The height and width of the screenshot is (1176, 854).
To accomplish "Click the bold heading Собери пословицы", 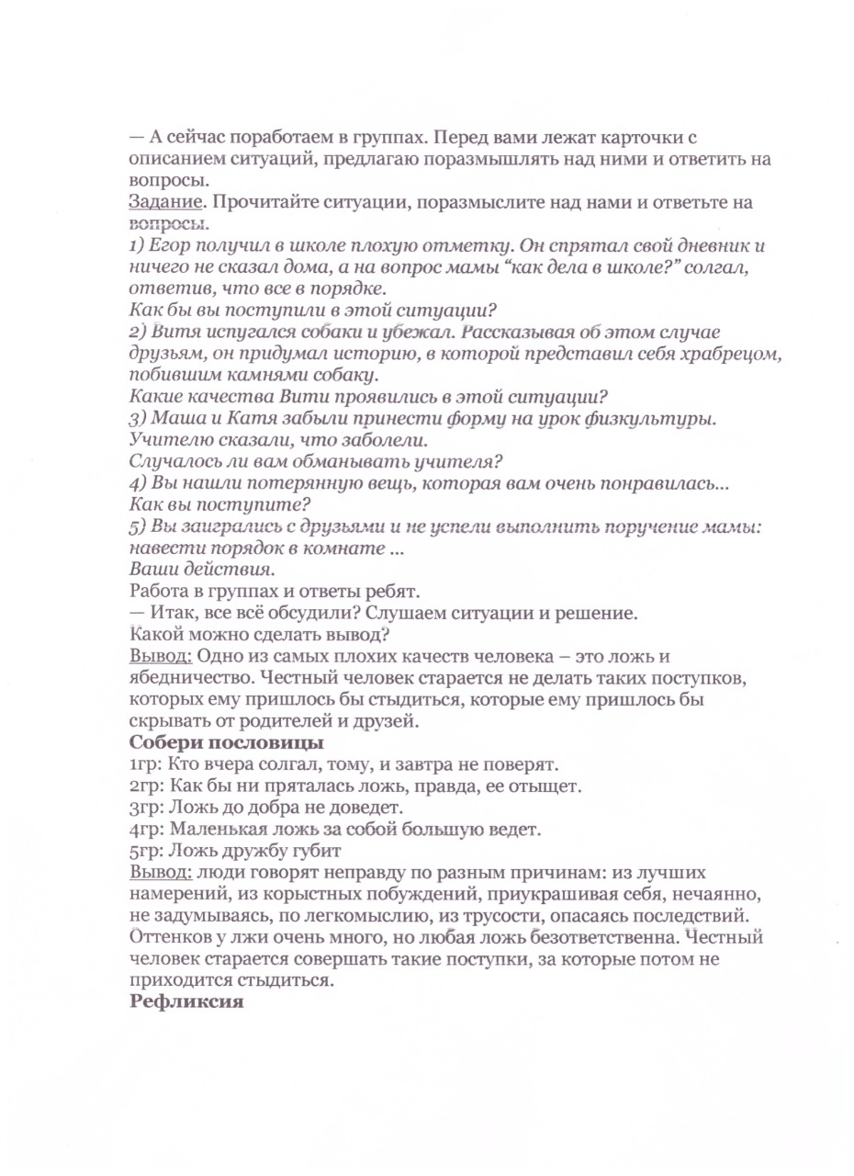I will point(211,742).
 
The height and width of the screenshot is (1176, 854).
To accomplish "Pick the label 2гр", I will point(143,786).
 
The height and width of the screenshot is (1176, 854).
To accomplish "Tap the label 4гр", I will point(143,829).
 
